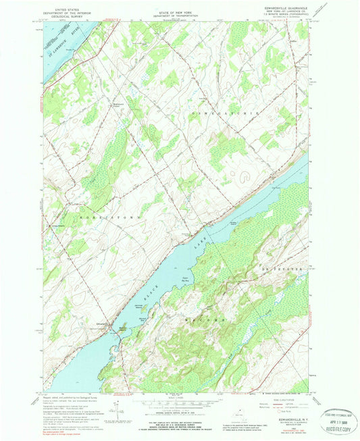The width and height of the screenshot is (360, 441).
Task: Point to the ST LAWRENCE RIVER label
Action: coord(59,47)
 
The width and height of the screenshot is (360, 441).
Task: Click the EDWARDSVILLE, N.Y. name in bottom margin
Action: coord(278,420)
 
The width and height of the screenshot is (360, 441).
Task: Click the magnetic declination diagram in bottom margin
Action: coord(120,409)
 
